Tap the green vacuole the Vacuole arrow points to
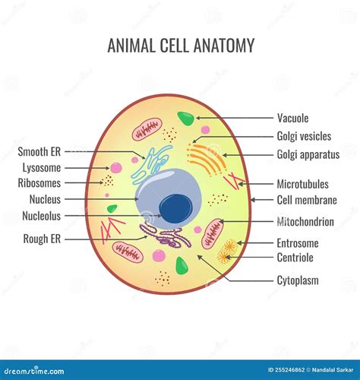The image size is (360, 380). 186,119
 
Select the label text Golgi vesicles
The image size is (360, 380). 304,136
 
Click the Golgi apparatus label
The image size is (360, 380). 308,154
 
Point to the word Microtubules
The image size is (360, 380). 303,184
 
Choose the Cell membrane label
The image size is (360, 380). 307,200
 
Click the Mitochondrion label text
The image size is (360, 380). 305,222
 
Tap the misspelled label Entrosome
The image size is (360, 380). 298,243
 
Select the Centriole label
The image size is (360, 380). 295,258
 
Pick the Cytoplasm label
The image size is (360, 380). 298,280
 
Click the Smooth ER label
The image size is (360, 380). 39,152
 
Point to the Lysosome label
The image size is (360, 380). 42,168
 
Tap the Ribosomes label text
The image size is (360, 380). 39,183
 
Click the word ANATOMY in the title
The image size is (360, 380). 224,46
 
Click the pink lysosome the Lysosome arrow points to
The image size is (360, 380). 116,168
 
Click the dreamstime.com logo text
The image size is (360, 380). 34,371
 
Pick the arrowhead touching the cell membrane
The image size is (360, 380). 253,200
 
